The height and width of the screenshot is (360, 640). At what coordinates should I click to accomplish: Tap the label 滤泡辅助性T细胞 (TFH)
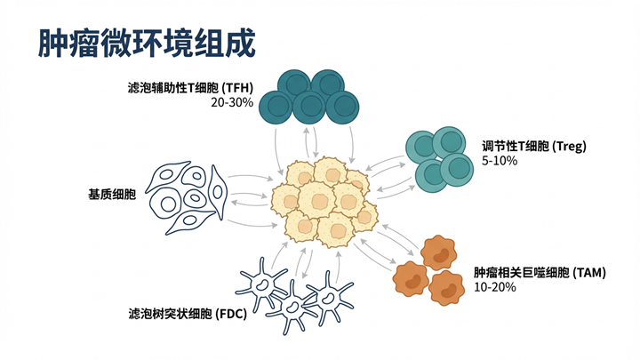[x=191, y=88]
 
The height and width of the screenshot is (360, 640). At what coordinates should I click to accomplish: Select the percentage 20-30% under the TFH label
[x=232, y=103]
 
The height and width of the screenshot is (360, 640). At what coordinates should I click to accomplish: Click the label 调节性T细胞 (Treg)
[x=534, y=146]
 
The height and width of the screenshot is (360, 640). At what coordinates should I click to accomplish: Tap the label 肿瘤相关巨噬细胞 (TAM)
[x=539, y=273]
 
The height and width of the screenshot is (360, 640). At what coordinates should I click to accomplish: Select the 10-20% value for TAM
[x=494, y=288]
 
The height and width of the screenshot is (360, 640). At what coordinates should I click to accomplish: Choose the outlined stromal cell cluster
[x=187, y=196]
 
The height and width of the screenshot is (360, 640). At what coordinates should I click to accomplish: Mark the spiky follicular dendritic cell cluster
[x=293, y=289]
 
